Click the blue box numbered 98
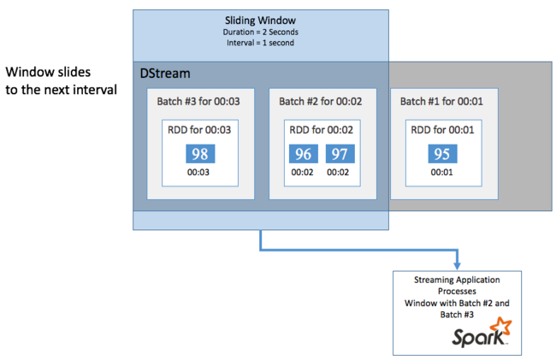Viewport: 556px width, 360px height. click(x=199, y=154)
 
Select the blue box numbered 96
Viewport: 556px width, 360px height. click(x=304, y=154)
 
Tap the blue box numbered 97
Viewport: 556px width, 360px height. click(x=339, y=154)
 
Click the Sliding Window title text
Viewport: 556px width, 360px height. click(x=261, y=21)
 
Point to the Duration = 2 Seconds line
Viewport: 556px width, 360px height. click(x=261, y=33)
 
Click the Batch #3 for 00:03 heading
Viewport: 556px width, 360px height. click(x=199, y=101)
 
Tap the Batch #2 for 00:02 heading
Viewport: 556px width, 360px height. click(x=322, y=101)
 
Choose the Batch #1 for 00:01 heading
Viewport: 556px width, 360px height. click(x=443, y=101)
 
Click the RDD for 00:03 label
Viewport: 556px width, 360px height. click(x=199, y=131)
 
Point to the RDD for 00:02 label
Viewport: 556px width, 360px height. click(x=322, y=131)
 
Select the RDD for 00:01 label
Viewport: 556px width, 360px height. click(x=443, y=131)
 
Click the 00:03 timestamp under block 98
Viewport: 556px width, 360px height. click(x=199, y=172)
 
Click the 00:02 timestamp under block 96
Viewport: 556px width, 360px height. click(x=304, y=172)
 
